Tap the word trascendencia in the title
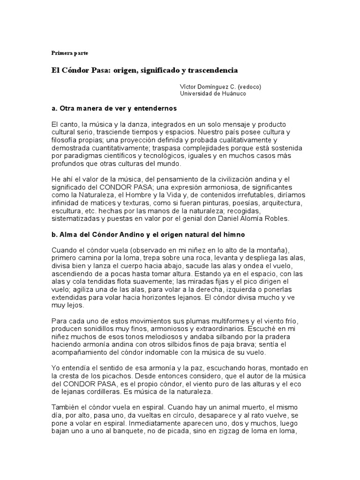click(213, 70)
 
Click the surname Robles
click(277, 218)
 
